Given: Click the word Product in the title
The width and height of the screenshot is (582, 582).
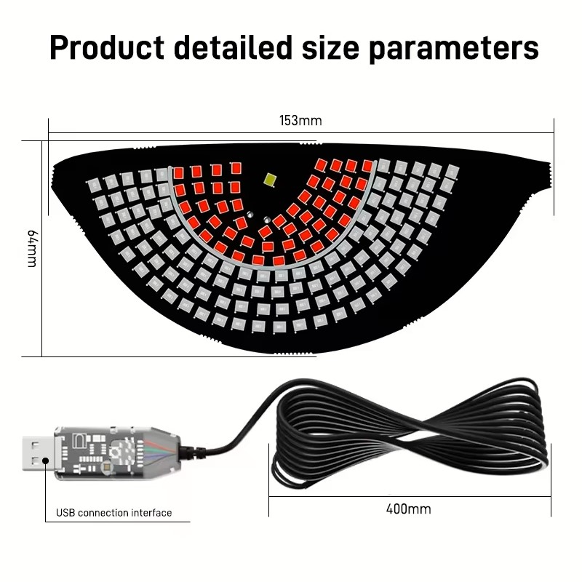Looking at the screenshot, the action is (107, 47).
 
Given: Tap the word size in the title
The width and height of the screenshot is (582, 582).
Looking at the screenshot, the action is (330, 48).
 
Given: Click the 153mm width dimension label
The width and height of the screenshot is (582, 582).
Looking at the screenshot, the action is (300, 121).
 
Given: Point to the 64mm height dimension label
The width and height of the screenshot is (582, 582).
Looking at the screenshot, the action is (33, 248).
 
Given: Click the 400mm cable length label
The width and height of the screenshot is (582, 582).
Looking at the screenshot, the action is (409, 509).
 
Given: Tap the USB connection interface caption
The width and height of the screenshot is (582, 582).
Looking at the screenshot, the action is (114, 513).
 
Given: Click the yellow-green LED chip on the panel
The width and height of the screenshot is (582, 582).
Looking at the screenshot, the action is (270, 179).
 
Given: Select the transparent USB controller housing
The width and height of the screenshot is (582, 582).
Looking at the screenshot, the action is (117, 453).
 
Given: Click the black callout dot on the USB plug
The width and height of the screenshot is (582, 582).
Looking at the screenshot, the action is (46, 461).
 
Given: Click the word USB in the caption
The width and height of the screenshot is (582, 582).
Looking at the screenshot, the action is (65, 513).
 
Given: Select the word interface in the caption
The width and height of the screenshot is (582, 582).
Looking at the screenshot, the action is (152, 513).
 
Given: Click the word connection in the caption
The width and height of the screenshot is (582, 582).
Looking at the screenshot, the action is (103, 513).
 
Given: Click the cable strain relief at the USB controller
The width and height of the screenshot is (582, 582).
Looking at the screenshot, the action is (193, 452).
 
